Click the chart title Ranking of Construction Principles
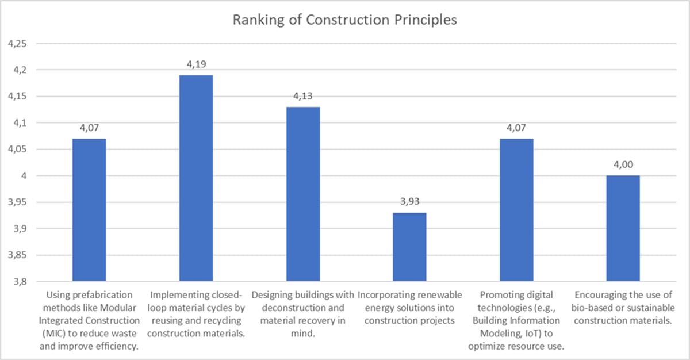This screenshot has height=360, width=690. coord(344,20)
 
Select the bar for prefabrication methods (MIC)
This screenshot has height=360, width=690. coord(89,209)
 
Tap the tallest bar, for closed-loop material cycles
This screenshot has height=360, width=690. coord(196,178)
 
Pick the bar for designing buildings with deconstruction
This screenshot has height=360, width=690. coord(303,194)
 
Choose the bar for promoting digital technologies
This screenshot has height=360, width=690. coord(517,209)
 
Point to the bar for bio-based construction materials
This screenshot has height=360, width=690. coord(623,228)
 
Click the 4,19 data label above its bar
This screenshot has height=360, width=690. coord(196,65)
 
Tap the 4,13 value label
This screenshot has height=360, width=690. coord(303,97)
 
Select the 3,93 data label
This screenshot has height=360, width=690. coord(410,202)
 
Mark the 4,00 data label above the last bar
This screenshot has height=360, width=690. coord(623,166)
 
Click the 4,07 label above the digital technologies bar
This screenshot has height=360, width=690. coord(517,128)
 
